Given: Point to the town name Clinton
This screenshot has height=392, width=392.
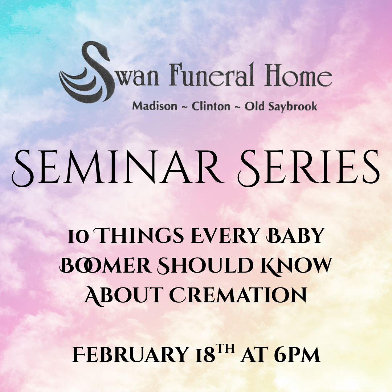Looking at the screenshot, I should (x=211, y=106).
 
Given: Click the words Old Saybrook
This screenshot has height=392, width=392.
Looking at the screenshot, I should (x=281, y=106).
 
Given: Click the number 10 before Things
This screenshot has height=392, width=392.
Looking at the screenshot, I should (x=77, y=236).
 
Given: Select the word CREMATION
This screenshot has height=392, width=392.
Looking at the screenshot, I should (x=238, y=296).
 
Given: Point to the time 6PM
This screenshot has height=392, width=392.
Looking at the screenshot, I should (x=297, y=355).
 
